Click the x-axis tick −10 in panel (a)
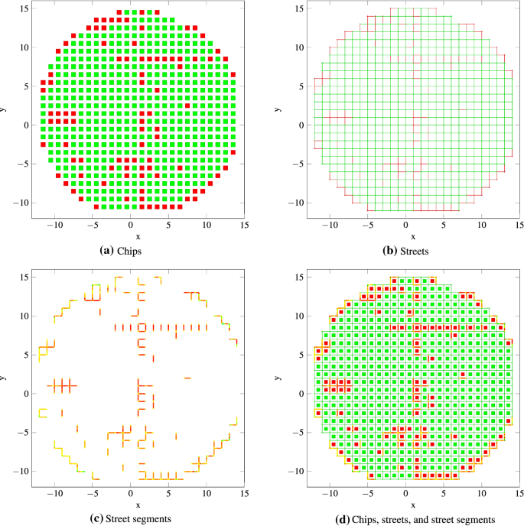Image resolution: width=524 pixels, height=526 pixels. click(x=54, y=227)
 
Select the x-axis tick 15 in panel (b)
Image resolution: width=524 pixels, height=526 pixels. click(x=519, y=227)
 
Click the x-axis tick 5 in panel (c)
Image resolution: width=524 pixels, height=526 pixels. click(x=168, y=495)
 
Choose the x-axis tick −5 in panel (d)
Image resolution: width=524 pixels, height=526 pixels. click(x=369, y=495)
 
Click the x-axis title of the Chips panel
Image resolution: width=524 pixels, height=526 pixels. click(x=138, y=237)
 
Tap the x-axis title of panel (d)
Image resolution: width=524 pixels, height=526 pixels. click(x=405, y=505)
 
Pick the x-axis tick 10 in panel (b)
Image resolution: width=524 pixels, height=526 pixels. click(x=481, y=227)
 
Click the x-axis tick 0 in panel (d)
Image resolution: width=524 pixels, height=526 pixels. click(x=406, y=495)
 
